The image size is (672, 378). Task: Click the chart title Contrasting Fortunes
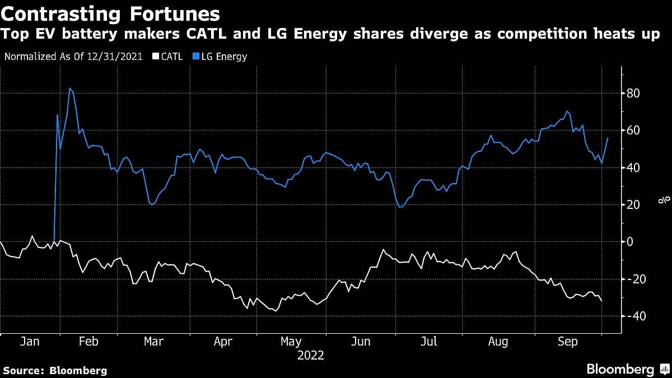point(110,13)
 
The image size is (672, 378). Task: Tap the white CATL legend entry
point(166,57)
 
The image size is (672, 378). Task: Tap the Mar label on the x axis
point(153,341)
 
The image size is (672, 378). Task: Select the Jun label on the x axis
point(361,341)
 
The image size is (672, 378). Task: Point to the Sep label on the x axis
point(567,341)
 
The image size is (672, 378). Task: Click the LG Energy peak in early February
point(69,88)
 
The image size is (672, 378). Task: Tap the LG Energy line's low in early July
point(400,207)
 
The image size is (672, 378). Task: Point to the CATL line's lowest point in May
point(275,310)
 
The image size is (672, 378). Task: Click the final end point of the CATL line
point(602,302)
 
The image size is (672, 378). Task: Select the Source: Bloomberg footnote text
point(55,370)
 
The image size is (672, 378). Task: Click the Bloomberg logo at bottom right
point(627,369)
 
